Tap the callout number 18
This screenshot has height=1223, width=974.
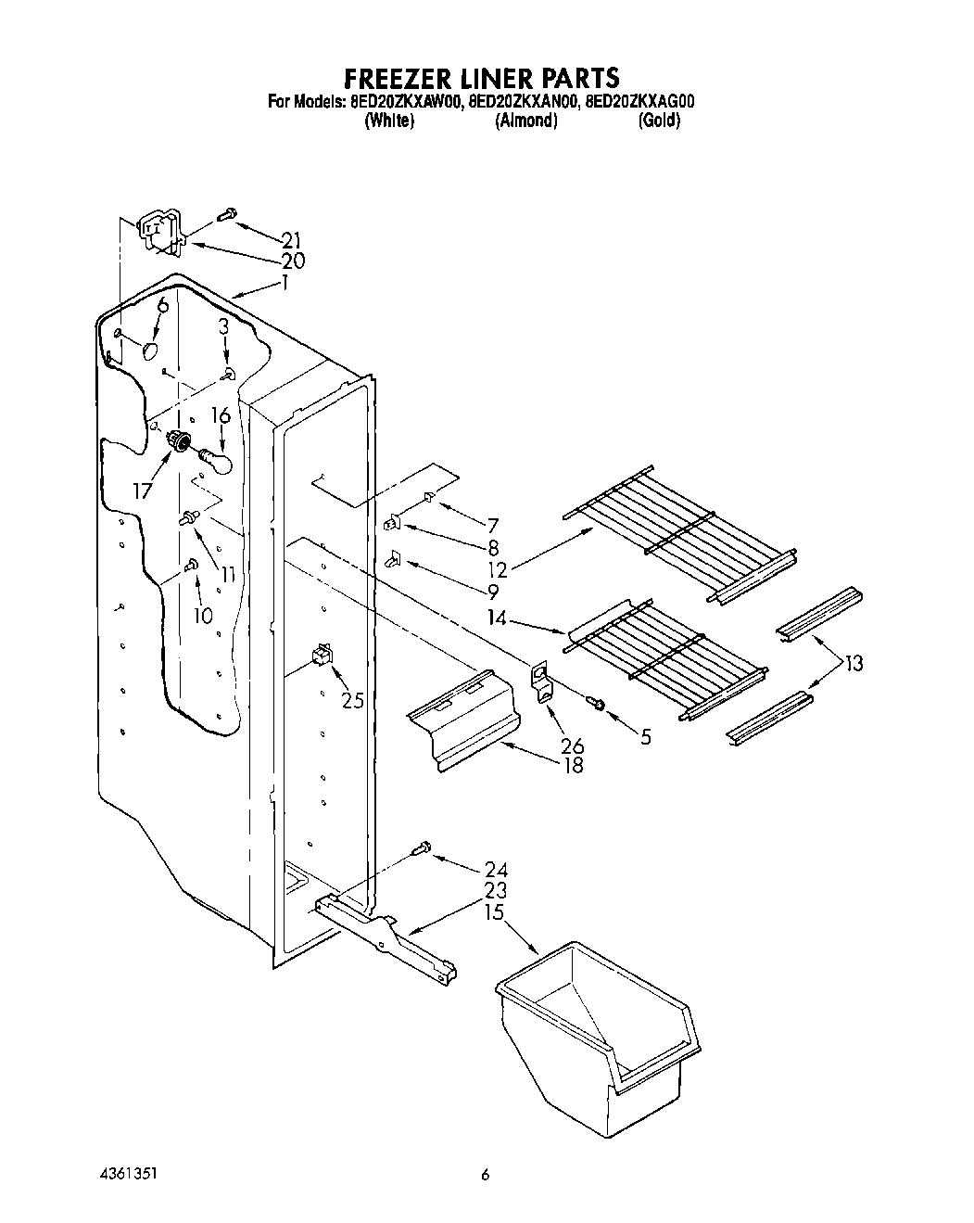(x=574, y=765)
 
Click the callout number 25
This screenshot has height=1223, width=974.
(x=352, y=700)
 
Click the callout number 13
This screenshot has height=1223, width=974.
(x=853, y=663)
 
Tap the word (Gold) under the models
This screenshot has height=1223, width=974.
(x=659, y=121)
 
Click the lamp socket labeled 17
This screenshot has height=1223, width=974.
(x=179, y=442)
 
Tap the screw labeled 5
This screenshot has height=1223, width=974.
(x=599, y=706)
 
